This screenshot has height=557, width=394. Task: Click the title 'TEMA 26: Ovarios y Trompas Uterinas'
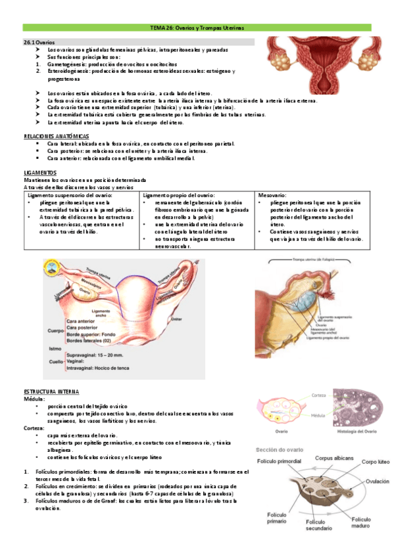197,28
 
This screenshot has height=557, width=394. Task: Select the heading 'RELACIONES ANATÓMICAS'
55,135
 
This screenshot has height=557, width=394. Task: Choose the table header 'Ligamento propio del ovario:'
178,196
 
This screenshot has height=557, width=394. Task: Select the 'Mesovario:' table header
272,196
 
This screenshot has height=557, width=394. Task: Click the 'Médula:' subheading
34,399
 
